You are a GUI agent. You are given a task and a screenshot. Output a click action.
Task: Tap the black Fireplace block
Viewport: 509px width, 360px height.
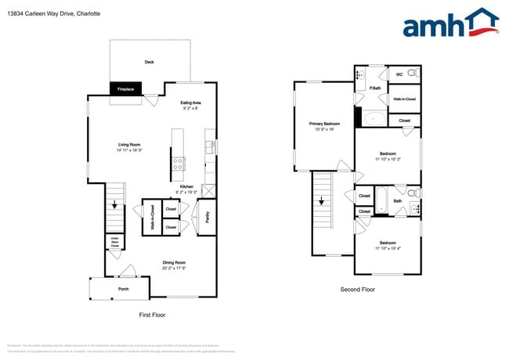click(126, 89)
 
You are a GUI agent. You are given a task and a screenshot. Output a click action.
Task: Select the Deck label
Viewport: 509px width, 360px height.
click(149, 62)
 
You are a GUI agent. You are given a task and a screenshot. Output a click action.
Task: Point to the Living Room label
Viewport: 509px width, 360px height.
click(129, 147)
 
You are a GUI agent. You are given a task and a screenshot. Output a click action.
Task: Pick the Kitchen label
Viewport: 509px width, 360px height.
click(186, 189)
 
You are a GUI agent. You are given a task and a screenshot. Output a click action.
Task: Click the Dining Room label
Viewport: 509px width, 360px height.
click(174, 265)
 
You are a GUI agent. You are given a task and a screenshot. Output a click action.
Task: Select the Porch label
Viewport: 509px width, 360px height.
click(123, 289)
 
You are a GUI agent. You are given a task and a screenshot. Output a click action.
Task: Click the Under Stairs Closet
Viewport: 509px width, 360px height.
click(114, 242)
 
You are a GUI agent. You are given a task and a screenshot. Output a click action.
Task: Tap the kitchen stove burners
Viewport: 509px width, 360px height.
click(179, 164)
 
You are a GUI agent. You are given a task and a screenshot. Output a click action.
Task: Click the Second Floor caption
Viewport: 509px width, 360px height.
click(358, 289)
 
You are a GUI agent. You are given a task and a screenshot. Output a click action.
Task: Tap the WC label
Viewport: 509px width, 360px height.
click(399, 74)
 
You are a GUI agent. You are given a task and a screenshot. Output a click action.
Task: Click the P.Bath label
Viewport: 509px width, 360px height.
click(375, 89)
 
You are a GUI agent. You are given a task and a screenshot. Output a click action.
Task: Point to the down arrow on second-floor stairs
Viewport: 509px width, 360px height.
click(323, 200)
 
